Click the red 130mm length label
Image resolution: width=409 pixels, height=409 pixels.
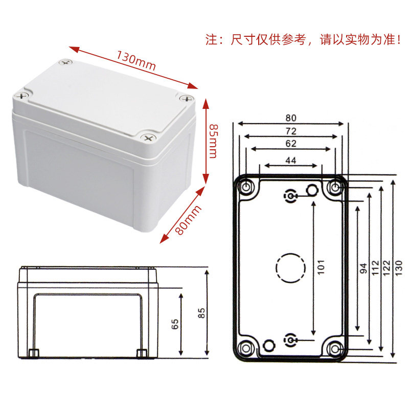tap(135, 61)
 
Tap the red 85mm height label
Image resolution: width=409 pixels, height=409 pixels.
tap(214, 142)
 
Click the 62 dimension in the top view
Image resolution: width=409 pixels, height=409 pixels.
tap(290, 144)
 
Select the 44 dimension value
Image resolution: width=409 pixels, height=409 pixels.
tap(290, 161)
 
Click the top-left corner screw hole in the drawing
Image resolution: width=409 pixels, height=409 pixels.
tap(246, 187)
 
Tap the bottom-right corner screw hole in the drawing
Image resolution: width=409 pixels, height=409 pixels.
tap(335, 348)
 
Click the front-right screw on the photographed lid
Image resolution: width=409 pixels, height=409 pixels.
tap(149, 138)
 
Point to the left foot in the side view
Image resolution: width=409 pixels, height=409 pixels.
tap(34, 352)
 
